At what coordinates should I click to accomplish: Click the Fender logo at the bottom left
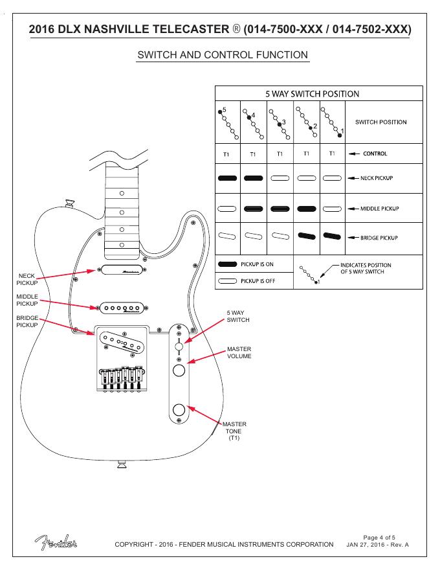[56, 542]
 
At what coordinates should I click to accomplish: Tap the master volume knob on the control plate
[179, 370]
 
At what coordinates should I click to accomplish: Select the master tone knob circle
[179, 409]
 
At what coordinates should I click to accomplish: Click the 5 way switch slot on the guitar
[179, 346]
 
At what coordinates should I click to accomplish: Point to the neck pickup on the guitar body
[122, 269]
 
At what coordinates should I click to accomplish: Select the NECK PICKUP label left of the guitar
[27, 279]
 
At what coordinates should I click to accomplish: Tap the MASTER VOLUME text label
[239, 352]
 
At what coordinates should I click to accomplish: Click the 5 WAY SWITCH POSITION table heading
[313, 94]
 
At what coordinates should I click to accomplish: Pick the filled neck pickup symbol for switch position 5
[227, 178]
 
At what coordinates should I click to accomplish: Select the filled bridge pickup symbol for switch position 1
[332, 236]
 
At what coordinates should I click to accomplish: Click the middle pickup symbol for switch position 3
[280, 209]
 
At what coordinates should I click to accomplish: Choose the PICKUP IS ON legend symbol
[227, 264]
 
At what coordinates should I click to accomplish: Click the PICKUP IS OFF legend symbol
[227, 281]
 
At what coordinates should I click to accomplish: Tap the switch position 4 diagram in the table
[252, 124]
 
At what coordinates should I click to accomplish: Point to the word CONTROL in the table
[375, 154]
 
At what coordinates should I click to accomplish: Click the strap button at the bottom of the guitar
[122, 464]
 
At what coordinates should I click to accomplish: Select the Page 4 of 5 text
[379, 537]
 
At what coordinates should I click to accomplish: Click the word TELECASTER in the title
[186, 29]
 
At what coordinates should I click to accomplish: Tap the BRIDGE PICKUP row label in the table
[379, 238]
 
